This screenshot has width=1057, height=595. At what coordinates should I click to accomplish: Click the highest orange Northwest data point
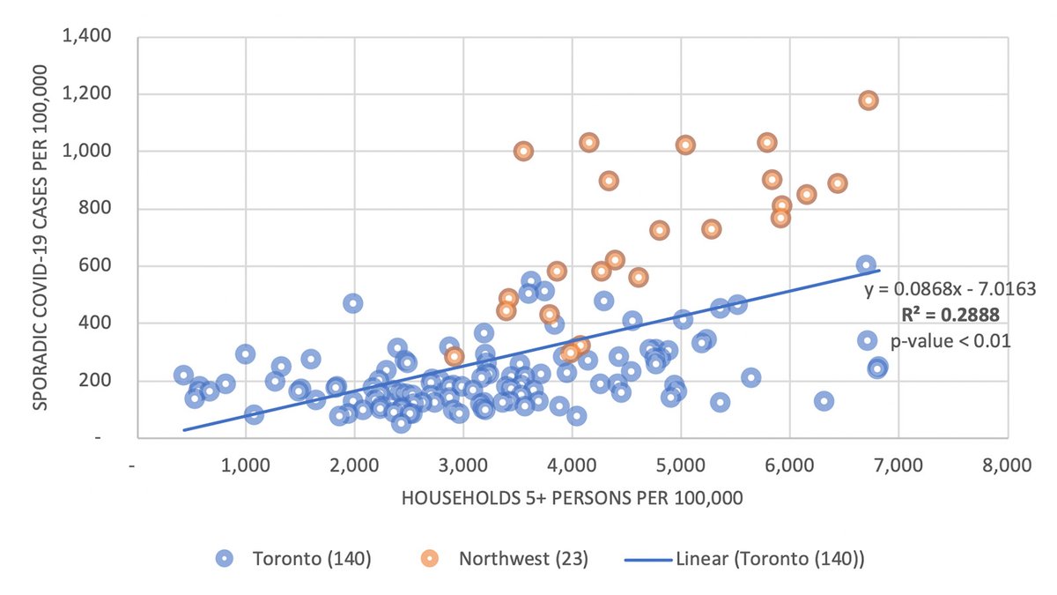869,100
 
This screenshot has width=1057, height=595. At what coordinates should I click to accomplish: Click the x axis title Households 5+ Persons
573,498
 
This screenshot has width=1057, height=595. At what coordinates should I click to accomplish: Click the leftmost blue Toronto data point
183,376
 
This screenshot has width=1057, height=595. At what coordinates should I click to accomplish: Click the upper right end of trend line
879,271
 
